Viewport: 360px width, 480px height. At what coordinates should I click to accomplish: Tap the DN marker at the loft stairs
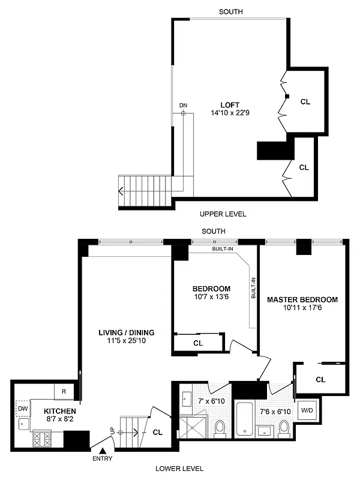pyautogui.click(x=184, y=106)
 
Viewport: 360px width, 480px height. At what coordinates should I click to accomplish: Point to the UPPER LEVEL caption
pyautogui.click(x=223, y=214)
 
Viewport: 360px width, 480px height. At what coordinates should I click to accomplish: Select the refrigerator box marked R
pyautogui.click(x=64, y=391)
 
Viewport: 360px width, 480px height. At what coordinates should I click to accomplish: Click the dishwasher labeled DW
pyautogui.click(x=22, y=409)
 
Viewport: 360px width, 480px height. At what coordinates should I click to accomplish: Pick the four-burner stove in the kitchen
pyautogui.click(x=43, y=439)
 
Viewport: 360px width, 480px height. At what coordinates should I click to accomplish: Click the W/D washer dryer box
pyautogui.click(x=307, y=410)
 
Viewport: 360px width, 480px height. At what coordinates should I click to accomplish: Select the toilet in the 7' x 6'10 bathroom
pyautogui.click(x=219, y=427)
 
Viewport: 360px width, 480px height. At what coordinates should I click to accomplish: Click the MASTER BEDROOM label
pyautogui.click(x=302, y=300)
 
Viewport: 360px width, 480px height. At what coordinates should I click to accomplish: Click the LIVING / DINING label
pyautogui.click(x=127, y=332)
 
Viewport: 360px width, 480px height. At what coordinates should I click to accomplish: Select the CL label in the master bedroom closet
pyautogui.click(x=320, y=379)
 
